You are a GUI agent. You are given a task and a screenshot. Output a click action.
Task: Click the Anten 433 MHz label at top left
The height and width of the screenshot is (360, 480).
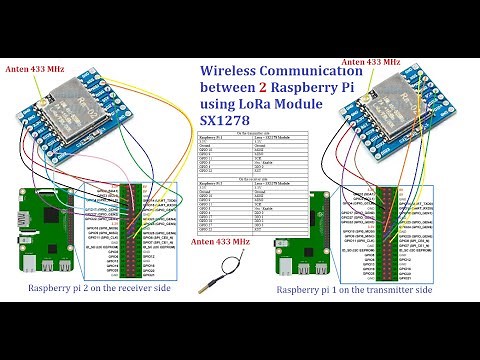[36, 69]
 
